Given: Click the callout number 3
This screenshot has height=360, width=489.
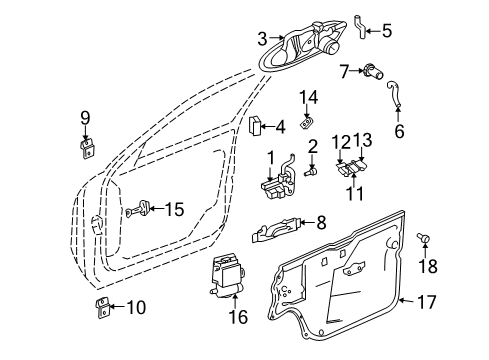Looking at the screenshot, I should tap(262, 39).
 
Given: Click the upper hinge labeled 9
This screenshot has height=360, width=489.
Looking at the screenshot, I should tap(87, 147).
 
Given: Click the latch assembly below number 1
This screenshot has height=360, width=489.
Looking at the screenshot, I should tap(279, 185).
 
